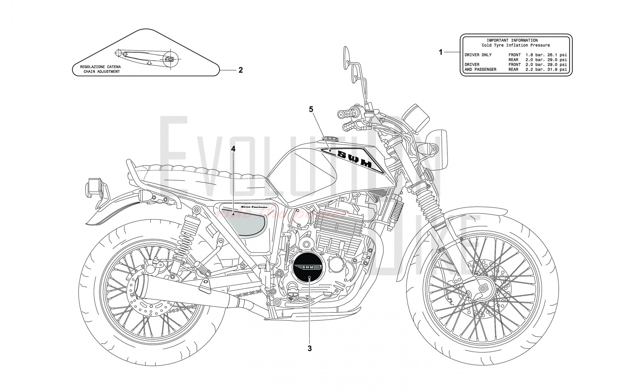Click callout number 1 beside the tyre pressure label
click(441, 52)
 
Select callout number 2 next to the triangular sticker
click(240, 70)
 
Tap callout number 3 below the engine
click(310, 348)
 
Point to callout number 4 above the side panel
click(233, 149)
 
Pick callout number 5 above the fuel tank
click(311, 109)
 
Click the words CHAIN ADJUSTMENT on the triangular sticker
click(102, 71)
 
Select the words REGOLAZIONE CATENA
click(100, 67)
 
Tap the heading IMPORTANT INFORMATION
click(512, 40)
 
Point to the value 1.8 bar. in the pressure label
click(532, 55)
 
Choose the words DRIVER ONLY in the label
click(478, 55)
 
